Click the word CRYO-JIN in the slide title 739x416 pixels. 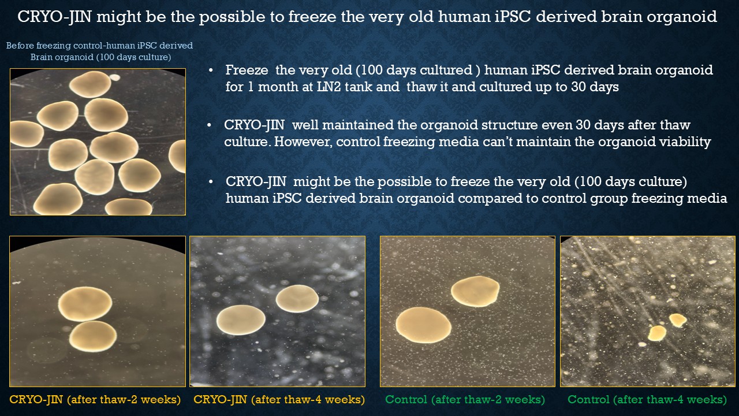tap(54, 17)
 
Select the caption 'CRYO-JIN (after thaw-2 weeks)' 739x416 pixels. tap(95, 399)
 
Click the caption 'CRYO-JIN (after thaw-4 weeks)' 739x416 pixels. tap(279, 399)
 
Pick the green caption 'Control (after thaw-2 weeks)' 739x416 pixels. tap(465, 399)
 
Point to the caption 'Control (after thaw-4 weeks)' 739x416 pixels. tap(647, 399)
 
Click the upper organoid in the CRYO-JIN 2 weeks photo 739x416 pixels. tap(85, 304)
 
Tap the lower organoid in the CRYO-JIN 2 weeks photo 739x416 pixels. tap(93, 336)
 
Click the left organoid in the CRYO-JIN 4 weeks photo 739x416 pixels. tap(241, 320)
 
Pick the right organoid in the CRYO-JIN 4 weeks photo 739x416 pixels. tap(297, 299)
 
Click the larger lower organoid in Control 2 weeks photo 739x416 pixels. tap(423, 325)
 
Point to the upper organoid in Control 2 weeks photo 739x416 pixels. tap(475, 291)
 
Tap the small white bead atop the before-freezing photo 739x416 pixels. tap(115, 77)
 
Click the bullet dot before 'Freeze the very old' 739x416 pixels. tap(211, 70)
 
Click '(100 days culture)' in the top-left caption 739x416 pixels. tap(133, 57)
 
